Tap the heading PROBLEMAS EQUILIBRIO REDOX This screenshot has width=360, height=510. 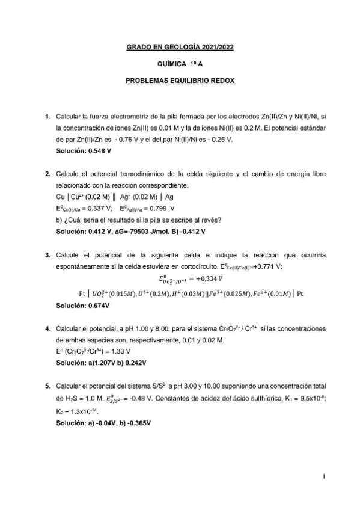point(180,79)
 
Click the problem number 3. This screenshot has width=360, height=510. point(47,255)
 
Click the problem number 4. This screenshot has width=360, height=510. point(47,328)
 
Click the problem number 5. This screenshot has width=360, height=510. point(47,387)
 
